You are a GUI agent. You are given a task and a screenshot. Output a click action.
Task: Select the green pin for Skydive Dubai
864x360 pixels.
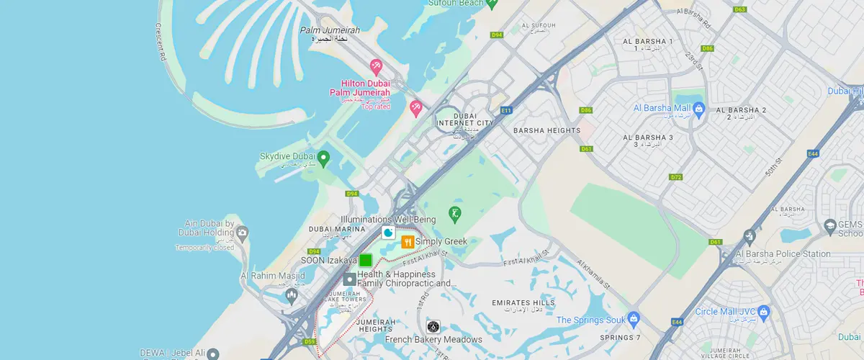tap(324, 157)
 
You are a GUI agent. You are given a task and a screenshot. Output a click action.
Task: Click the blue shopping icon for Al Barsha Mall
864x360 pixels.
tap(698, 109)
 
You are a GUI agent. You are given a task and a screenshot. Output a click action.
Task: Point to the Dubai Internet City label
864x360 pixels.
tap(466, 120)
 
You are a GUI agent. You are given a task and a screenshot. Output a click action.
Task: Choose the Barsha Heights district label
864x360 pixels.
tap(546, 130)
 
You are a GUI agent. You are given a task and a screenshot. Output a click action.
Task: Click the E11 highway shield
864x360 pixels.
tap(506, 110)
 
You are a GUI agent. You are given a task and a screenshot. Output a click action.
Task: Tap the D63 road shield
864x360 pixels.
tap(739, 9)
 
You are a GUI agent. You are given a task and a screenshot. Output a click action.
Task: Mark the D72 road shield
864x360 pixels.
tap(675, 177)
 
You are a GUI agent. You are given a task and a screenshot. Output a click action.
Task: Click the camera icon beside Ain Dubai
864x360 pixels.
tap(243, 233)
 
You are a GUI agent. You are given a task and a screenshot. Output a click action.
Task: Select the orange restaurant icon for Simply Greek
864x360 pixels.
tap(408, 242)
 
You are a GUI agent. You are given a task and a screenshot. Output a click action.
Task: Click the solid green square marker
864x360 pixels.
tap(366, 261)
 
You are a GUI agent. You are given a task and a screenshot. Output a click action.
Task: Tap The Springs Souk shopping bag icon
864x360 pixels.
tap(634, 318)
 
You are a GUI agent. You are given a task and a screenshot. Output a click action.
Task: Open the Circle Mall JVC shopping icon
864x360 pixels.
tap(765, 312)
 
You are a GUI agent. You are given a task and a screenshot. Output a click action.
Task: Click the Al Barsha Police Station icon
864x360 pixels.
tap(750, 236)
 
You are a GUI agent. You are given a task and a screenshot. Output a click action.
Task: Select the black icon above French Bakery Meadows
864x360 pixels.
tap(433, 327)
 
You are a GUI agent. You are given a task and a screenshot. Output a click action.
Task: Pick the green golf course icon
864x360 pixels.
tap(455, 213)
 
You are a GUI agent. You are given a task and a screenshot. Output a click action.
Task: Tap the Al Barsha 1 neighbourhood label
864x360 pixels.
tap(648, 42)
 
